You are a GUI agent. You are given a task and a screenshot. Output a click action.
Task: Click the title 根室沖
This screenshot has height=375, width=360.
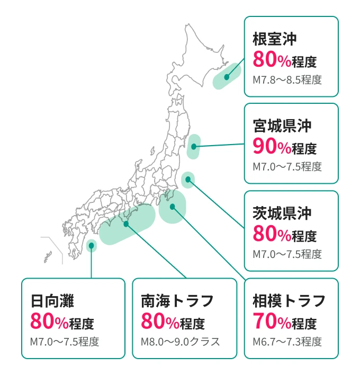click(x=274, y=39)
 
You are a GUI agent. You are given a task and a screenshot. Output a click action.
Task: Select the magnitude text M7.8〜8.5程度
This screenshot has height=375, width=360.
click(x=287, y=81)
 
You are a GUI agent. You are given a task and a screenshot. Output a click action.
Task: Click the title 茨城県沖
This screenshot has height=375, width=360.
click(x=282, y=213)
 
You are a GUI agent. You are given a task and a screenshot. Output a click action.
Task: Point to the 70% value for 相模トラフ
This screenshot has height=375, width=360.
click(x=272, y=322)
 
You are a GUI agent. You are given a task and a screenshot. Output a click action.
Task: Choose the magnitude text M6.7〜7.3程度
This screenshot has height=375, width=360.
click(x=287, y=342)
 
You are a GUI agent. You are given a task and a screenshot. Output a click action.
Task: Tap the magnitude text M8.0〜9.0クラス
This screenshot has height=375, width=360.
click(x=180, y=342)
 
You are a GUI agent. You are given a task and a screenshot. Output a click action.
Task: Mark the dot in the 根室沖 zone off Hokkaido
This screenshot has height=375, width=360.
click(x=227, y=77)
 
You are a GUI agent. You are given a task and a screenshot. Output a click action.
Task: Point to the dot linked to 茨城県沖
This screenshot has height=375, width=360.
click(x=188, y=180)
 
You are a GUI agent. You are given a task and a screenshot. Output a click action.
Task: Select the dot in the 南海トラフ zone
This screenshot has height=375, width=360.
click(x=126, y=224)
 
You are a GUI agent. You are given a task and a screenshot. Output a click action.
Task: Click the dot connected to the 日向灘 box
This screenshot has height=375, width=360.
click(x=92, y=246)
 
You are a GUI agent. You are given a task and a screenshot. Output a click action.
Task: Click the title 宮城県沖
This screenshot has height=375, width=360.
click(x=282, y=126)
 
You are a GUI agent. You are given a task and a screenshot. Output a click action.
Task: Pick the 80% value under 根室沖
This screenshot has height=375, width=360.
click(x=272, y=60)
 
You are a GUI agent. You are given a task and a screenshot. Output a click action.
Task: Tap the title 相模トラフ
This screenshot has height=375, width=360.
click(x=289, y=301)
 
